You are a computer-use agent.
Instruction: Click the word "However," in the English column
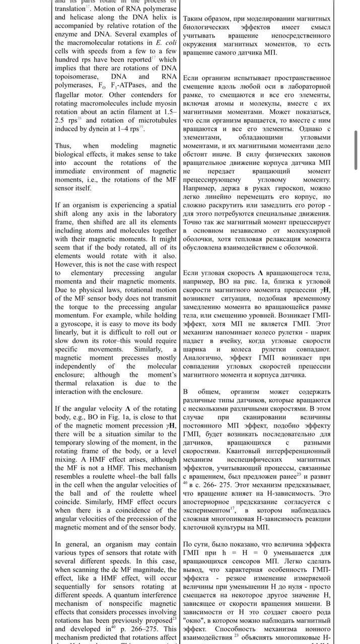coord(70,264)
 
